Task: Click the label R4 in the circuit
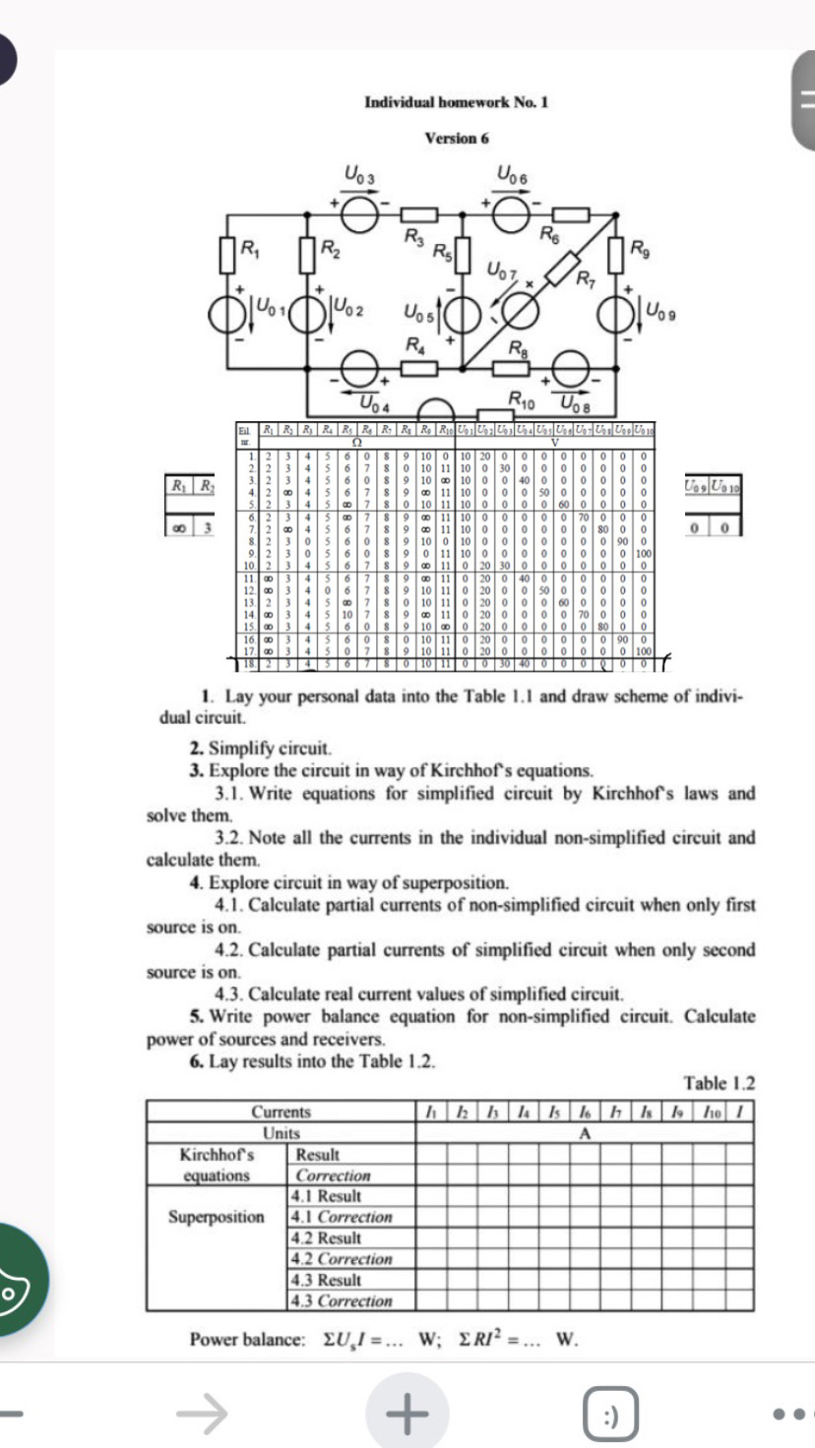[x=414, y=345]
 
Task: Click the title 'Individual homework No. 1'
[x=456, y=102]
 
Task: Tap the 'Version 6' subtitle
[x=456, y=139]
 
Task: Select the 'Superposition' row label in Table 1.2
[x=216, y=1217]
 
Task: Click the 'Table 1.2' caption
[x=720, y=1084]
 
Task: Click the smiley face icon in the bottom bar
[x=608, y=1415]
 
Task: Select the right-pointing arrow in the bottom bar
[x=202, y=1415]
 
